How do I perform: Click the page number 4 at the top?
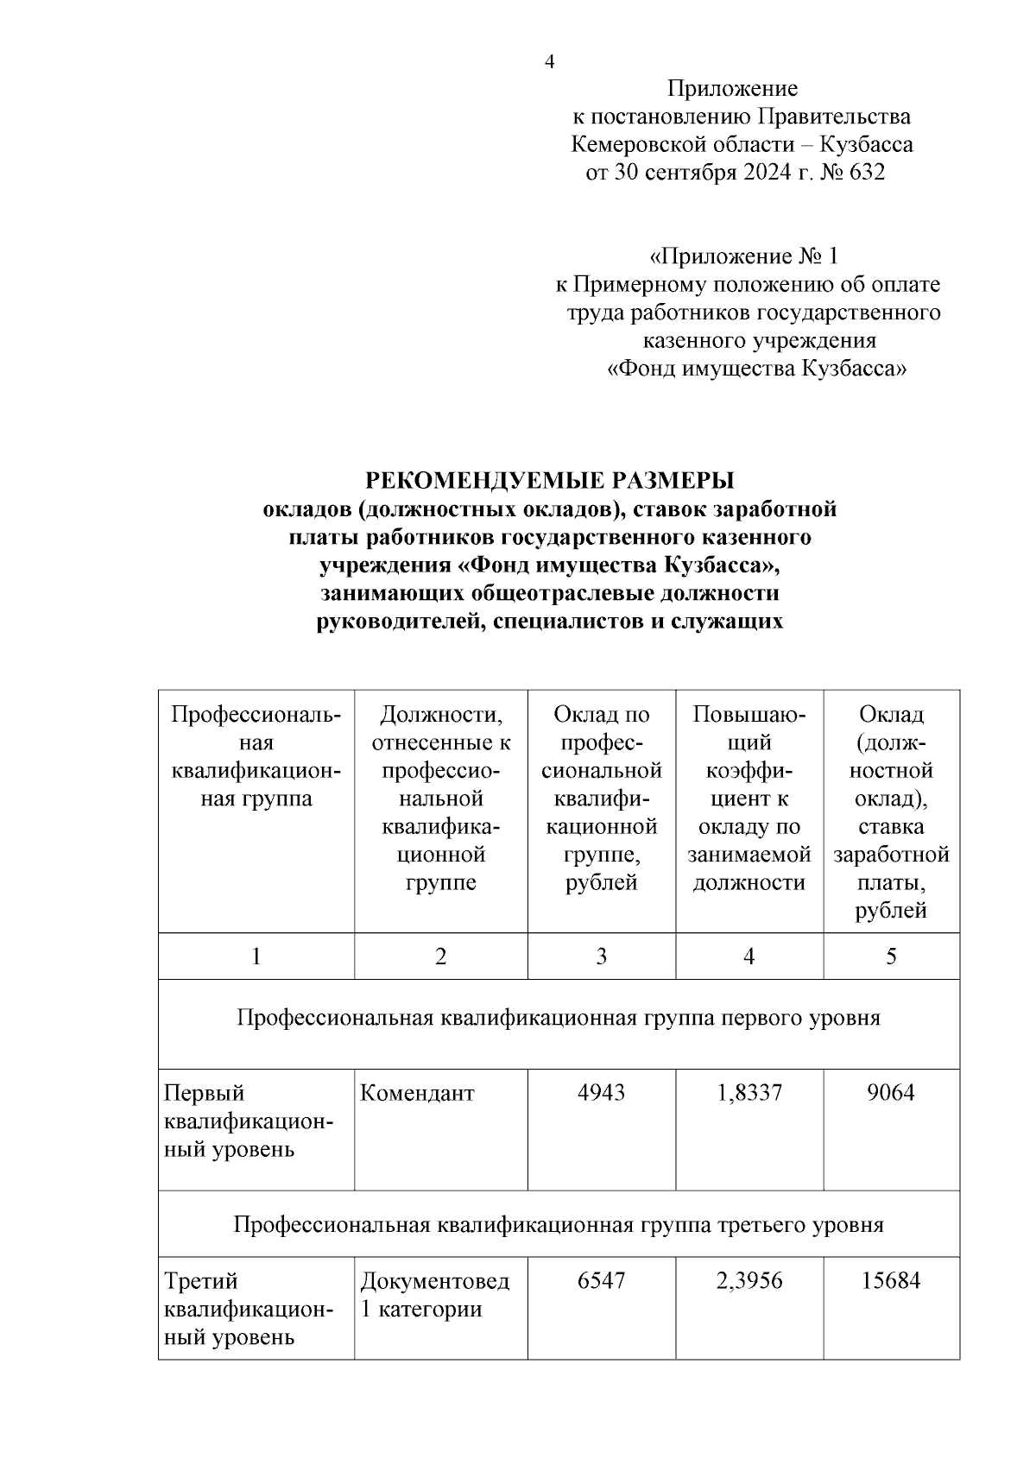[x=549, y=62]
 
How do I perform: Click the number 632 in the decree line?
[x=867, y=173]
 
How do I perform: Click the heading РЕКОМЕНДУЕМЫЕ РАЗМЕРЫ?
[x=549, y=480]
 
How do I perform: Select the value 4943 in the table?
[x=601, y=1093]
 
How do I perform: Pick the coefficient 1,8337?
[x=749, y=1093]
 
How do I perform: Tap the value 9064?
[x=890, y=1093]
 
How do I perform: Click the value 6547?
[x=601, y=1280]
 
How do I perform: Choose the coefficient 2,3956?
[x=749, y=1280]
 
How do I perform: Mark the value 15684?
[x=890, y=1280]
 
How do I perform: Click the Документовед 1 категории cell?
[x=434, y=1294]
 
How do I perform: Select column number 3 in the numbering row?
[x=601, y=957]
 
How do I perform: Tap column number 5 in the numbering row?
[x=891, y=957]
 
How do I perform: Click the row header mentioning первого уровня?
[x=559, y=1018]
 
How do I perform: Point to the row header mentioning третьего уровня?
[x=559, y=1225]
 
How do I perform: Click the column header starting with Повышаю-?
[x=749, y=799]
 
